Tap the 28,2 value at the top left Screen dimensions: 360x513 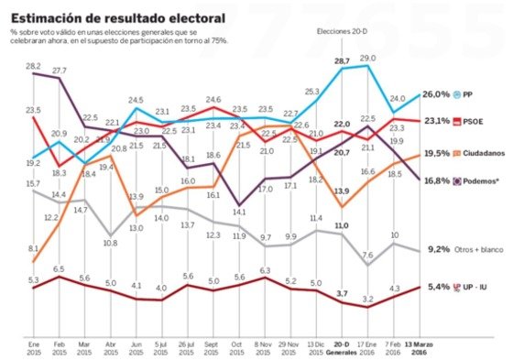(x=33, y=66)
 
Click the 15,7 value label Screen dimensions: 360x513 (x=33, y=184)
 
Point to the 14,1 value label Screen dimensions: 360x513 (x=240, y=212)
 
